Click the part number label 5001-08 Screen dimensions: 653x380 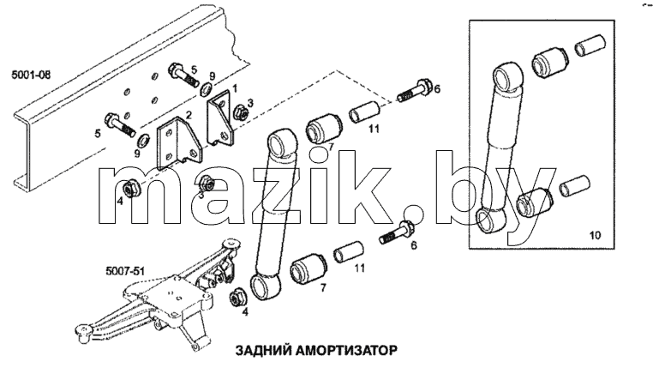(x=31, y=75)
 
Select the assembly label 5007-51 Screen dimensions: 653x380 (x=125, y=271)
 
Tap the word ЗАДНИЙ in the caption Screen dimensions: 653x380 (x=263, y=351)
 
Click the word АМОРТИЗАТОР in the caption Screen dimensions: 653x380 (x=346, y=351)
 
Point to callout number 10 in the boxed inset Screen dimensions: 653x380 (x=596, y=235)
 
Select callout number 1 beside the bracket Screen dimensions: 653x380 (x=235, y=87)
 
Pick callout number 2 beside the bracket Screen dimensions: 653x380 (x=189, y=115)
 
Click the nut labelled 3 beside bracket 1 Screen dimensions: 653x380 (x=240, y=112)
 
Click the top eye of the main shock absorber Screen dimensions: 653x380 (x=281, y=143)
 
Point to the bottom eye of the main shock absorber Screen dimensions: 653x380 (x=265, y=286)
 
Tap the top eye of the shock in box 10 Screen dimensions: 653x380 (x=507, y=75)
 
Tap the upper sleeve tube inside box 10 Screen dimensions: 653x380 (x=590, y=45)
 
